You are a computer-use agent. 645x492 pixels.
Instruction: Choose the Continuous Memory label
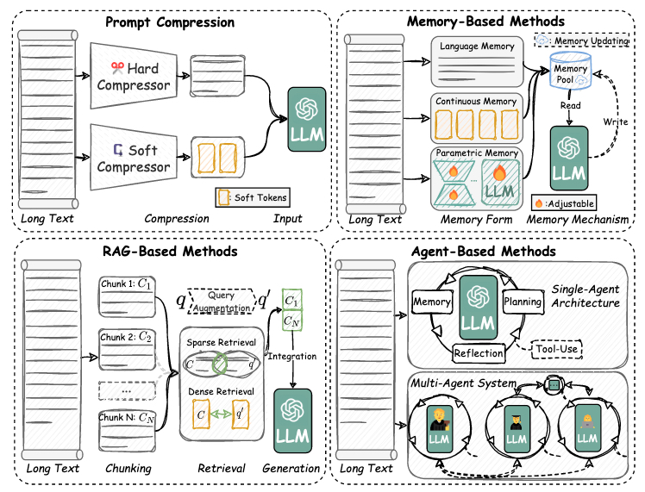coord(477,102)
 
